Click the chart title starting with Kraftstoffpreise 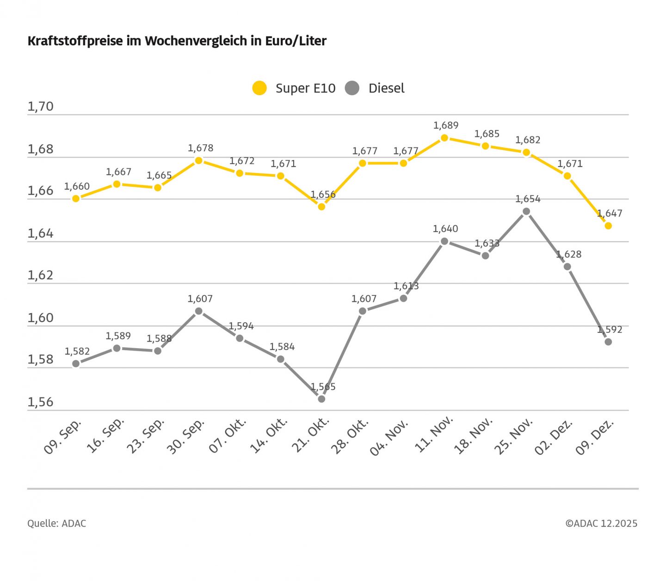[177, 41]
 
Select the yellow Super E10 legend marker [259, 88]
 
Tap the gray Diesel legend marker [352, 88]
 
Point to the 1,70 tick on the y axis [41, 107]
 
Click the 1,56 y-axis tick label [41, 402]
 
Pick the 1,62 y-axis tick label [41, 276]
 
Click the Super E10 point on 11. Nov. [444, 138]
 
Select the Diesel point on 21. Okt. [321, 399]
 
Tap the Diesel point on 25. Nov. [526, 211]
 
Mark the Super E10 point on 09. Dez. [608, 226]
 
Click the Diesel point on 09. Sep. [76, 363]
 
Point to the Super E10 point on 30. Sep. [198, 160]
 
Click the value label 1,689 [446, 125]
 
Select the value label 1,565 [323, 387]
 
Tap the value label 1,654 [528, 199]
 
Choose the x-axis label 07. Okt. [228, 436]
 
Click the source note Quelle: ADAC [56, 523]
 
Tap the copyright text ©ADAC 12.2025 [601, 523]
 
